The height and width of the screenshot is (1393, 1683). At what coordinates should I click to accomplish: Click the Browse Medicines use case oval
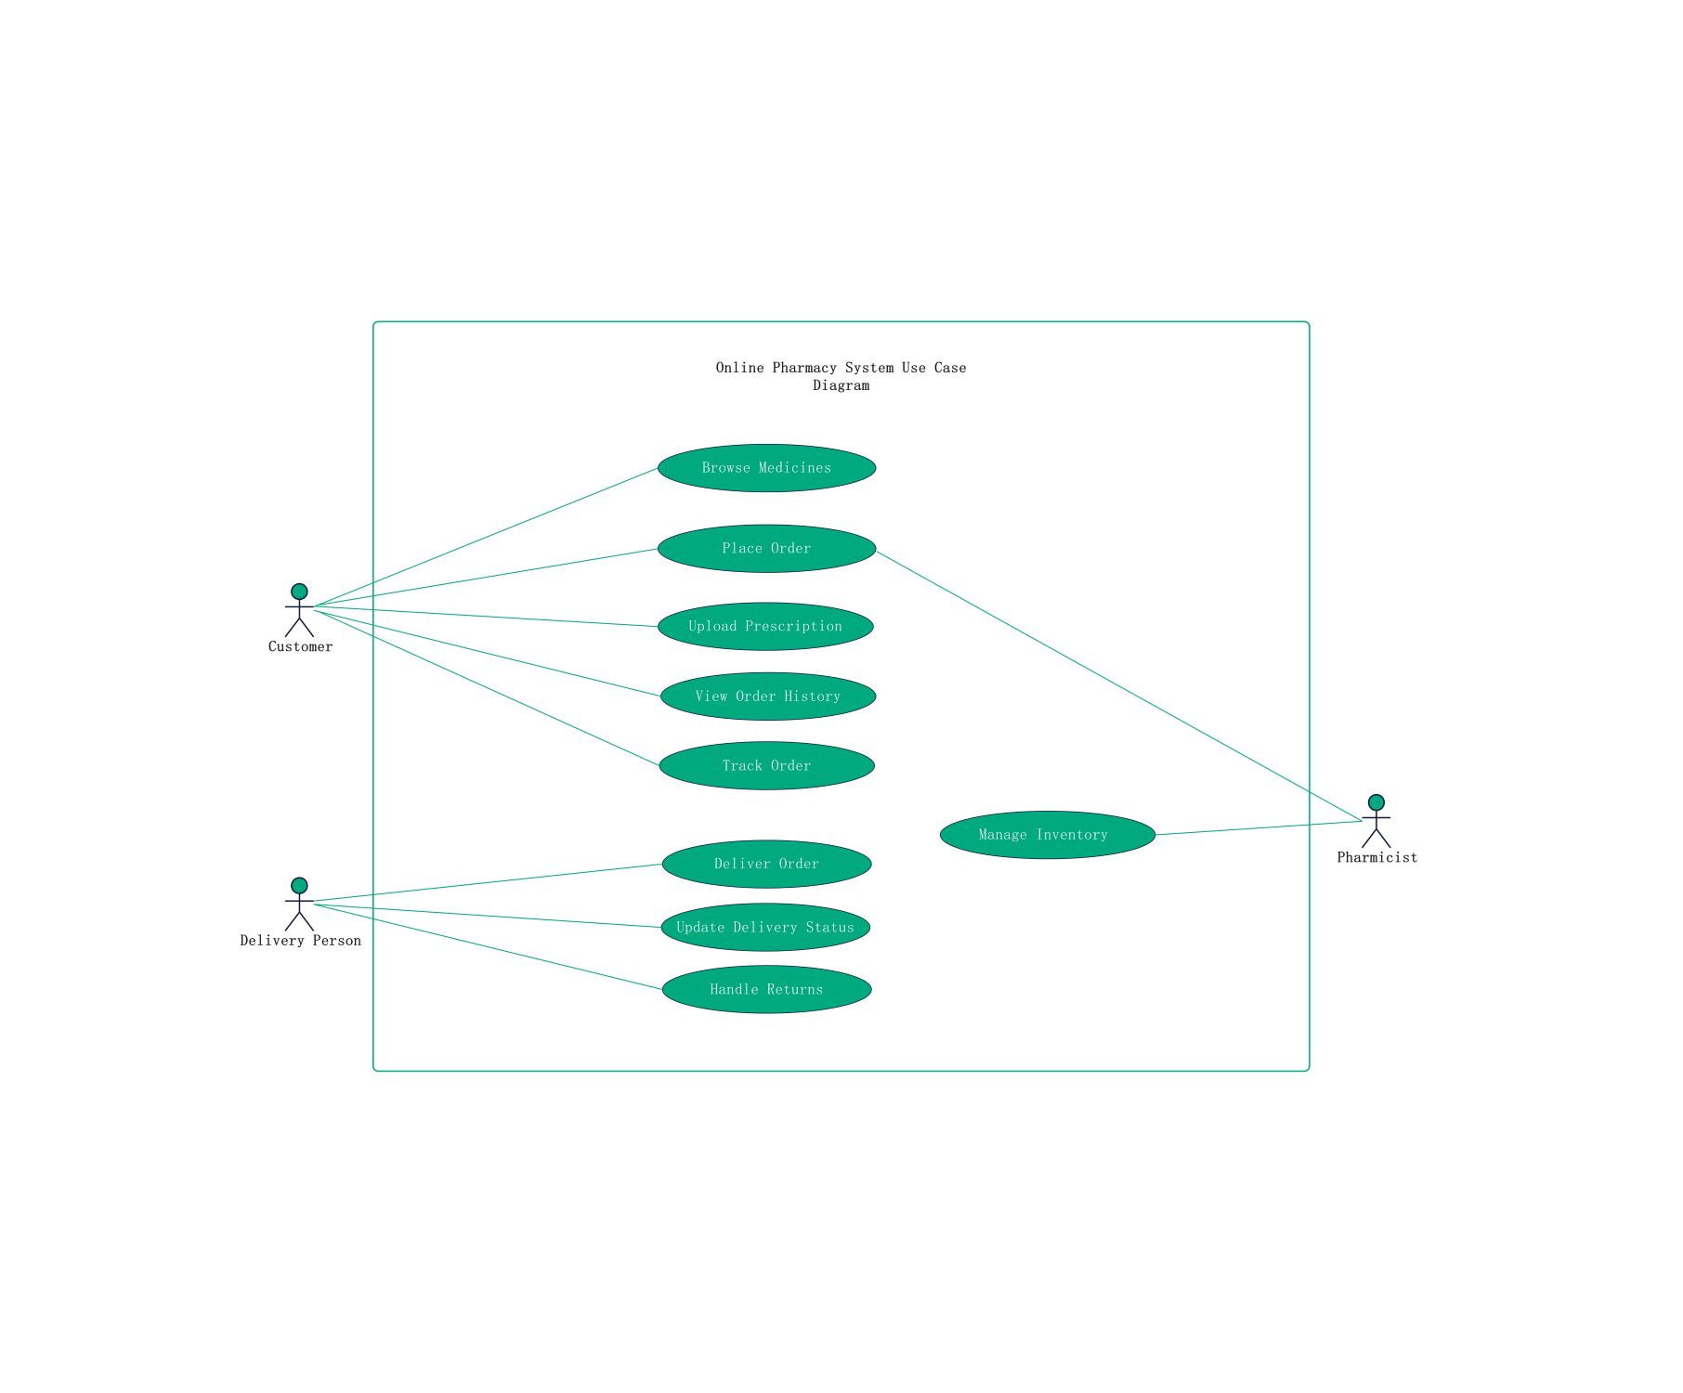click(766, 468)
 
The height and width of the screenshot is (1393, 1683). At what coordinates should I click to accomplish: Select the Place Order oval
click(766, 549)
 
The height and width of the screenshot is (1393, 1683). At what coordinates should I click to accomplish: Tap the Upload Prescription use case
click(765, 626)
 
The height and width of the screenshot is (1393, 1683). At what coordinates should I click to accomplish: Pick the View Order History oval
click(768, 696)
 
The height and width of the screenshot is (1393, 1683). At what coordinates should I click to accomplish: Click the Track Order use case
click(767, 765)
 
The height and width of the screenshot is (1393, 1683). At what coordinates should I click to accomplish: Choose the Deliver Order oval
click(767, 864)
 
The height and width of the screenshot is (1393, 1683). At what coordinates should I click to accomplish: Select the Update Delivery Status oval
click(765, 927)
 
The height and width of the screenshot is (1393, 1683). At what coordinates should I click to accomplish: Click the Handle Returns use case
click(767, 989)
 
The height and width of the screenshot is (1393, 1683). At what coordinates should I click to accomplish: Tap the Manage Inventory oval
click(1048, 835)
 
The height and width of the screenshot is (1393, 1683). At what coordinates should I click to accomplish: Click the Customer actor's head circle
click(299, 592)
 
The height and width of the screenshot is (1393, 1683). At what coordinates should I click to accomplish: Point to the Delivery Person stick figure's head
click(299, 886)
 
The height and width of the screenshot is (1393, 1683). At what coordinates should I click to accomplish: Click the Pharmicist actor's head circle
click(1376, 802)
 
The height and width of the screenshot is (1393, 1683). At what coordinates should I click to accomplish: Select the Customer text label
click(300, 647)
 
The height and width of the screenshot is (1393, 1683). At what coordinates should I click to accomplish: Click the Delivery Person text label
click(300, 941)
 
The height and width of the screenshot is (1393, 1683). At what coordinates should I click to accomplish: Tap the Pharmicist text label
click(1377, 858)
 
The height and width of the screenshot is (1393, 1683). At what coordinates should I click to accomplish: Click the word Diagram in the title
click(841, 385)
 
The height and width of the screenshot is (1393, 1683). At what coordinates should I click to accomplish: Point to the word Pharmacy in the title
click(804, 368)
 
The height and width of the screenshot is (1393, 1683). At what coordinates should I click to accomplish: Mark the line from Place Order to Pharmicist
click(1118, 686)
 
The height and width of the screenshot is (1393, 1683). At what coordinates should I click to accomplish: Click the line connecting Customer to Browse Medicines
click(486, 538)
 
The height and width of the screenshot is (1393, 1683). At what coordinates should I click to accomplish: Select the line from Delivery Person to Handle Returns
click(488, 946)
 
